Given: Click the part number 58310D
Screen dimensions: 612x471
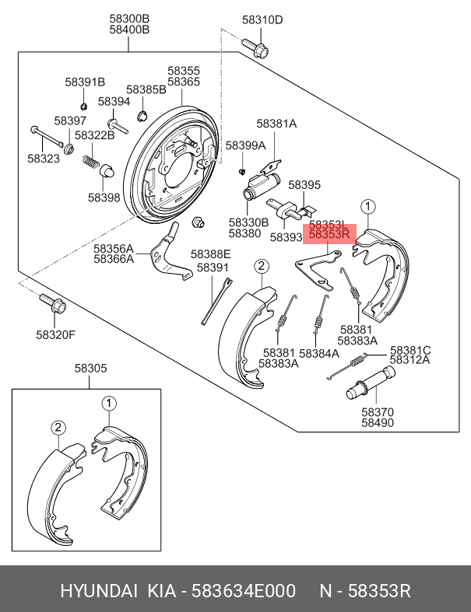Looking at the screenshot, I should [x=262, y=20].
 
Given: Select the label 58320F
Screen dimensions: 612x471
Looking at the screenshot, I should [x=55, y=335].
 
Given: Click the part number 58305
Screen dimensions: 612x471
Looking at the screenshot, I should [x=91, y=369].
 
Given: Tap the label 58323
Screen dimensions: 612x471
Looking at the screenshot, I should [x=44, y=158].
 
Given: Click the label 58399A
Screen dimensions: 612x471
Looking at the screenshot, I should [x=246, y=145].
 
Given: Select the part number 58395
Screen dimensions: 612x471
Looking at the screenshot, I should [x=305, y=185].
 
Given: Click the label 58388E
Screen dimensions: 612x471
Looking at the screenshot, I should [x=211, y=254].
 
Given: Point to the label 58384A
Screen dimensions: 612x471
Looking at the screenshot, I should [x=319, y=353].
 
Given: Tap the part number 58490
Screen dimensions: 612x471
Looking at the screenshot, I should [x=377, y=424].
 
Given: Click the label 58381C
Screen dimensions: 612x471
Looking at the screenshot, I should [x=410, y=350].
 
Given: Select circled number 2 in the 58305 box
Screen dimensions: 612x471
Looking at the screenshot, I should [x=58, y=427].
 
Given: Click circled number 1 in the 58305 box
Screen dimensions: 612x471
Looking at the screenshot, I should [x=109, y=403].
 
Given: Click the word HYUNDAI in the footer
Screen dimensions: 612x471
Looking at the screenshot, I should [x=98, y=592].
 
